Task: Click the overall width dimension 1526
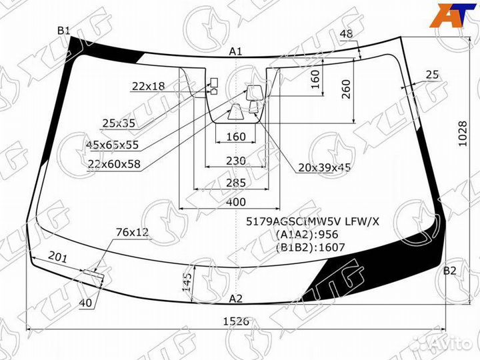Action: (x=235, y=321)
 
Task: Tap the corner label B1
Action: (x=63, y=30)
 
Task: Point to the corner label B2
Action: (x=450, y=271)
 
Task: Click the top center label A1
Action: (x=235, y=51)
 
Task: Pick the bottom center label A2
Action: (x=236, y=298)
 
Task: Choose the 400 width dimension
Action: (x=235, y=202)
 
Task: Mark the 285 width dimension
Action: (x=235, y=183)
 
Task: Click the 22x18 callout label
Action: (x=148, y=86)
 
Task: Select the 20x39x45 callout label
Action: (x=325, y=167)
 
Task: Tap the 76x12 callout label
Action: (x=132, y=232)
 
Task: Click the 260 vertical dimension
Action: (x=345, y=89)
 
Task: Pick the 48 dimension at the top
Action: (x=346, y=35)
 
